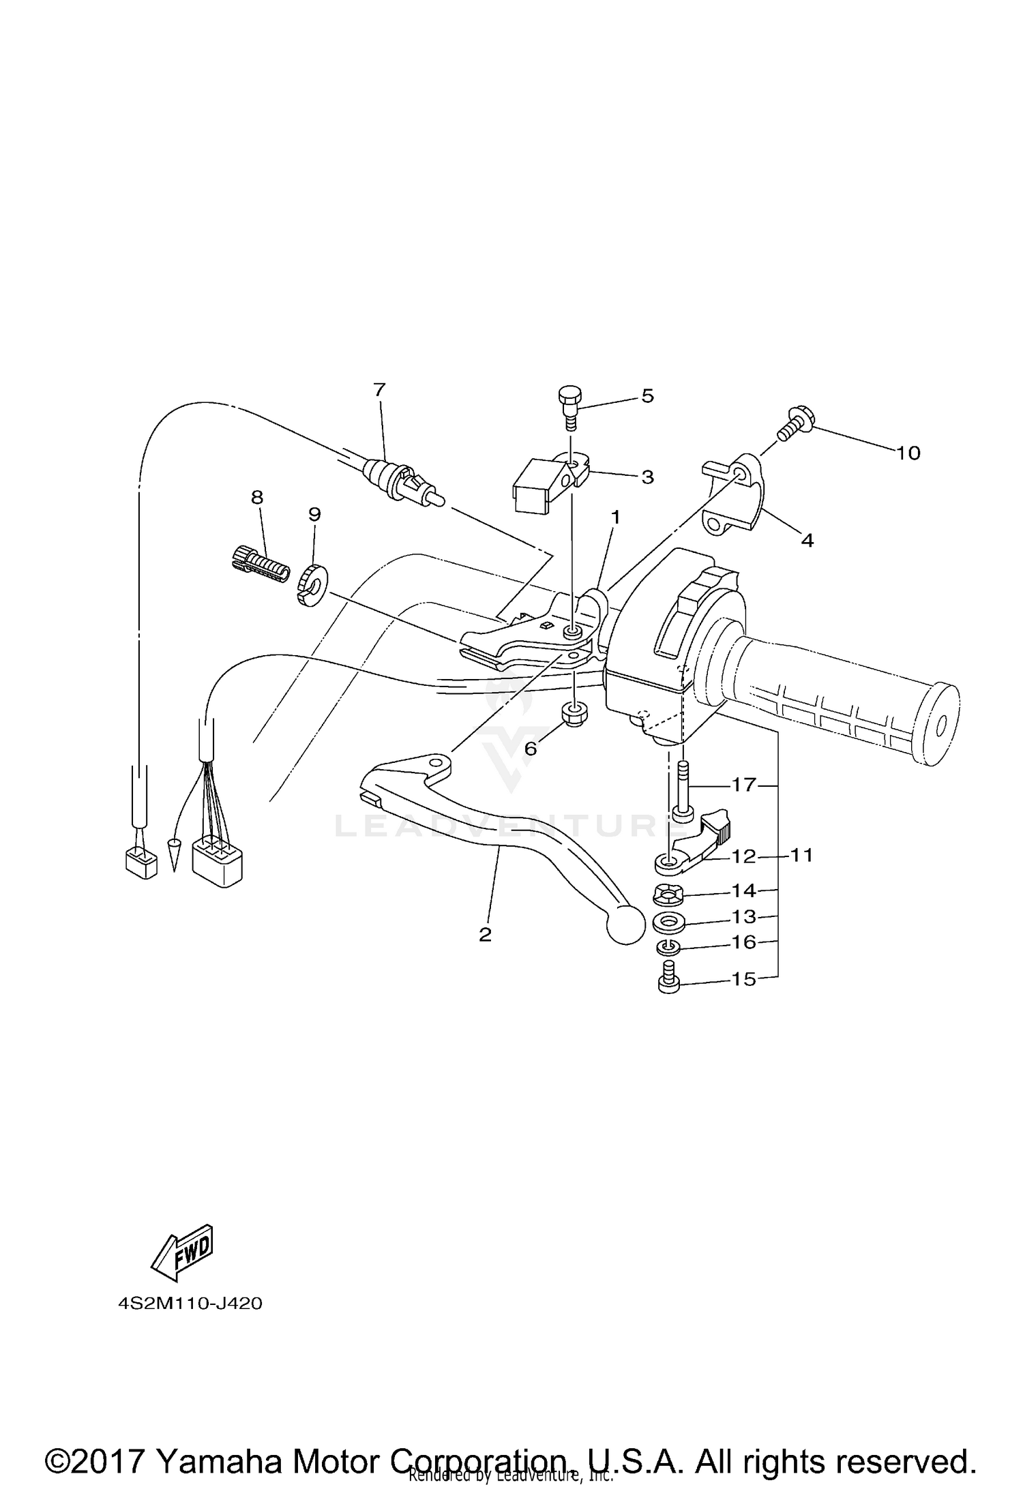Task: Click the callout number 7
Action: coord(379,390)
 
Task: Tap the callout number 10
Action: coord(908,453)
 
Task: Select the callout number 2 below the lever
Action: coord(485,934)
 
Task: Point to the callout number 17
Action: coord(744,785)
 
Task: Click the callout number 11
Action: coord(801,855)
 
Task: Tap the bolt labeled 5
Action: coord(569,406)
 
